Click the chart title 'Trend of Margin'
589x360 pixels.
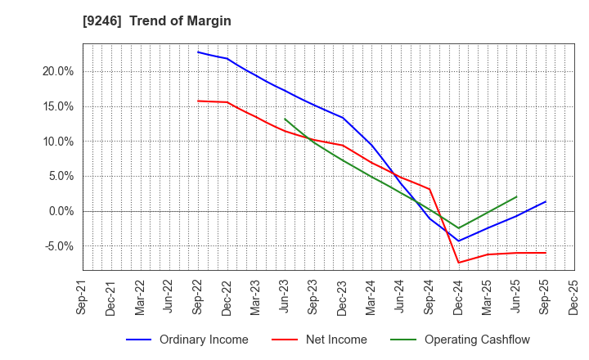(180, 20)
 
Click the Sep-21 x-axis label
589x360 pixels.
(83, 299)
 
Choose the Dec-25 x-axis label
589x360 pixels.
(573, 299)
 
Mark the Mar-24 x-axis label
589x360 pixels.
(371, 299)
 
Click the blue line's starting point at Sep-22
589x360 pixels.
(198, 52)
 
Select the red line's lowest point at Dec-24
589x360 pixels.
(458, 263)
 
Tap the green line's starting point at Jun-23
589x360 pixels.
(285, 119)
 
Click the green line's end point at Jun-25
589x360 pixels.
(516, 196)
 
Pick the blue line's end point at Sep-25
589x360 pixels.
(545, 201)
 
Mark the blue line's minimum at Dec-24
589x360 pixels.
(458, 241)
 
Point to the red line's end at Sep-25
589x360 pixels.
(545, 253)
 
